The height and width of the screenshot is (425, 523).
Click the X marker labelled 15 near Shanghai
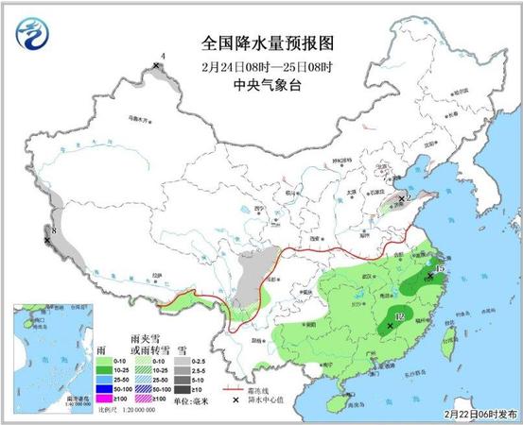click(x=430, y=276)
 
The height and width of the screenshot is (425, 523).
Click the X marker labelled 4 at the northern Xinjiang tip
click(x=156, y=66)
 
